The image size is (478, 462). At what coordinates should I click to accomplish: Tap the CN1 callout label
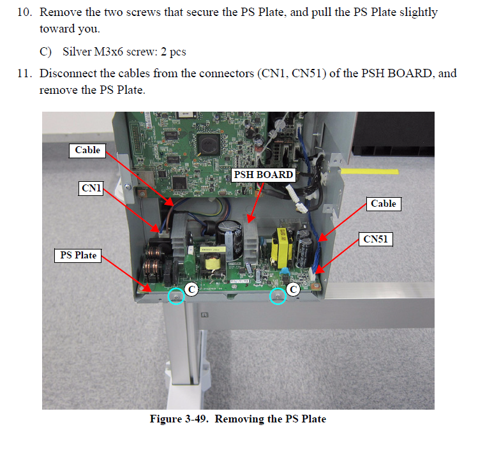coord(92,188)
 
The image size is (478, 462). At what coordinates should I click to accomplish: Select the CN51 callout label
coord(377,239)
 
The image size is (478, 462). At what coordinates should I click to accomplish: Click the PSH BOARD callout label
coord(264,174)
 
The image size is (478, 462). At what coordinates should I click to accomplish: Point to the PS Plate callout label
coord(78,255)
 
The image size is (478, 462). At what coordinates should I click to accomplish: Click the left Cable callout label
coord(87,150)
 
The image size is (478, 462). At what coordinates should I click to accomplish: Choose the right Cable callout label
coord(384,204)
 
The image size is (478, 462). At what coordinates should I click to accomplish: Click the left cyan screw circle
coord(176,295)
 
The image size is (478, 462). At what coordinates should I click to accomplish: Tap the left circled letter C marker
coord(191,290)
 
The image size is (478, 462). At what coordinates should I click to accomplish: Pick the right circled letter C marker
coord(293,289)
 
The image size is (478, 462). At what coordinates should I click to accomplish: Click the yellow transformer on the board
coord(281,250)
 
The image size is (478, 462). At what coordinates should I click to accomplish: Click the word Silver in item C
coord(77,52)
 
